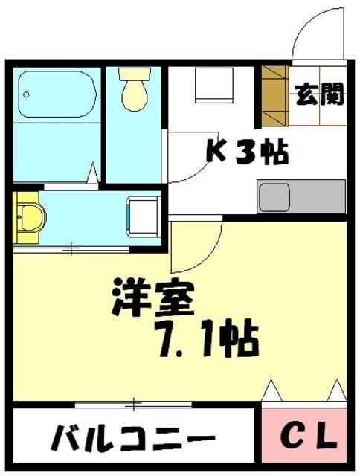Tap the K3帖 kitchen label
point(247,152)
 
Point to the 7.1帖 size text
point(206,340)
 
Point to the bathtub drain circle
point(25,95)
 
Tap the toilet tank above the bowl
point(135,74)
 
